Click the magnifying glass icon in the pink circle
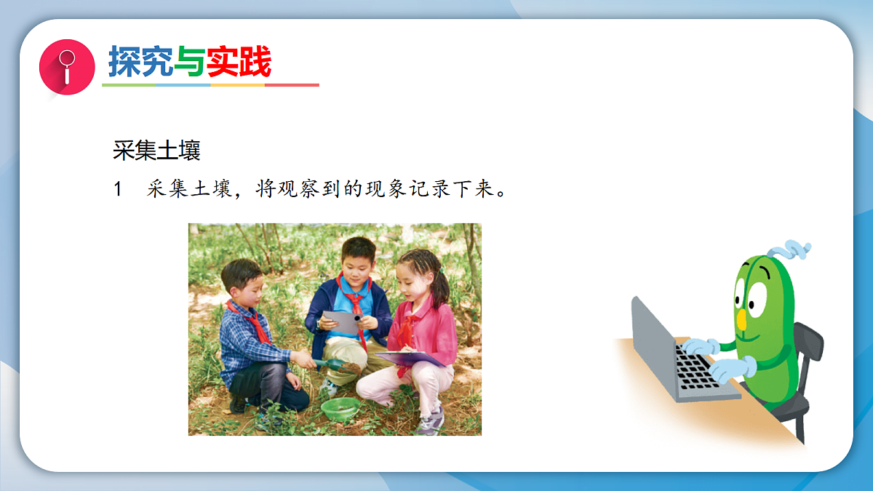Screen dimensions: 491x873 coord(67,66)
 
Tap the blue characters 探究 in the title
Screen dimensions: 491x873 coord(140,62)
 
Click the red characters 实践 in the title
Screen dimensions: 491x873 coord(238,62)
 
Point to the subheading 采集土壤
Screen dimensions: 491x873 coord(156,151)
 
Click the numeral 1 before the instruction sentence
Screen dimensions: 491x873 coord(119,190)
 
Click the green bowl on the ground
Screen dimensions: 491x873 coord(340,408)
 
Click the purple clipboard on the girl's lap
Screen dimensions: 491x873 coord(410,358)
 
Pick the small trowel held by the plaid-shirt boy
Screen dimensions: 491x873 coord(327,363)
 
